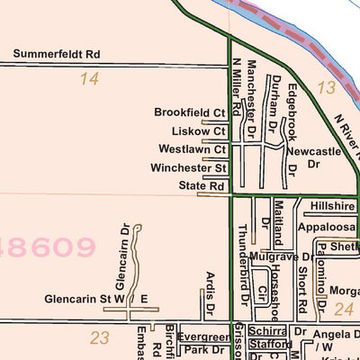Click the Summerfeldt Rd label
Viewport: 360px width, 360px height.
[x=57, y=55]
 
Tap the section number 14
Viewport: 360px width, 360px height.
[x=88, y=79]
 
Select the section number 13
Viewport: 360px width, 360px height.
[x=326, y=87]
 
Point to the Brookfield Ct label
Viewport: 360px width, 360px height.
[x=190, y=113]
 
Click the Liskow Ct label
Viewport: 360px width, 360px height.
[x=198, y=131]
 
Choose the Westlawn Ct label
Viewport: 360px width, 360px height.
[x=192, y=149]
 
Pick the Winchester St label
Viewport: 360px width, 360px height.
[x=189, y=167]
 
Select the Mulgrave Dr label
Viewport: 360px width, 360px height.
[x=281, y=257]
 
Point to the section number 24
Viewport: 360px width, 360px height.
[x=343, y=309]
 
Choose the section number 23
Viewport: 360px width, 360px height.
[x=100, y=337]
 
